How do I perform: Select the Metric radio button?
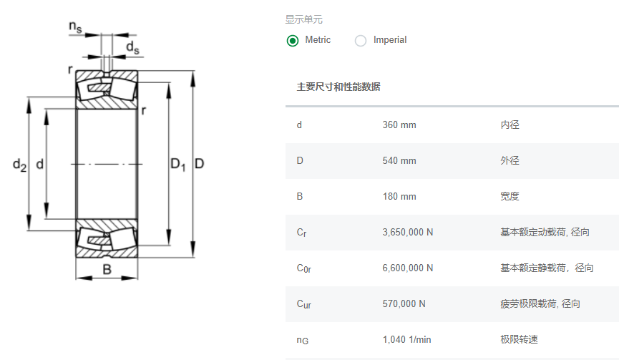point(293,41)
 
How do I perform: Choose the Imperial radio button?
point(361,41)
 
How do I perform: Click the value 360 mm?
point(399,125)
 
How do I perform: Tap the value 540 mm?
point(399,161)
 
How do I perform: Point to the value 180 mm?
point(399,197)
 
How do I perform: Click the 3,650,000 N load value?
point(408,233)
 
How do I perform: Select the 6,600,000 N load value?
point(408,268)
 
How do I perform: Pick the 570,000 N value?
point(404,304)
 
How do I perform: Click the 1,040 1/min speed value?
point(406,340)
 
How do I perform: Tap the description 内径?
point(510,125)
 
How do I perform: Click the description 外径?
point(510,161)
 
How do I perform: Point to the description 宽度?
point(510,197)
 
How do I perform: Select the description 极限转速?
point(520,340)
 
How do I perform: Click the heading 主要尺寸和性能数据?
point(338,87)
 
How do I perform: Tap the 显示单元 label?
point(304,20)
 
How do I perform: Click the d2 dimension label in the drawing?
point(19,165)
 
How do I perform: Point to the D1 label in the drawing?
point(178,165)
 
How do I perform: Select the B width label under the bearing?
point(107,270)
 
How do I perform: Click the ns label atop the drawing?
point(75,27)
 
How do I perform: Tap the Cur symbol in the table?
point(304,304)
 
